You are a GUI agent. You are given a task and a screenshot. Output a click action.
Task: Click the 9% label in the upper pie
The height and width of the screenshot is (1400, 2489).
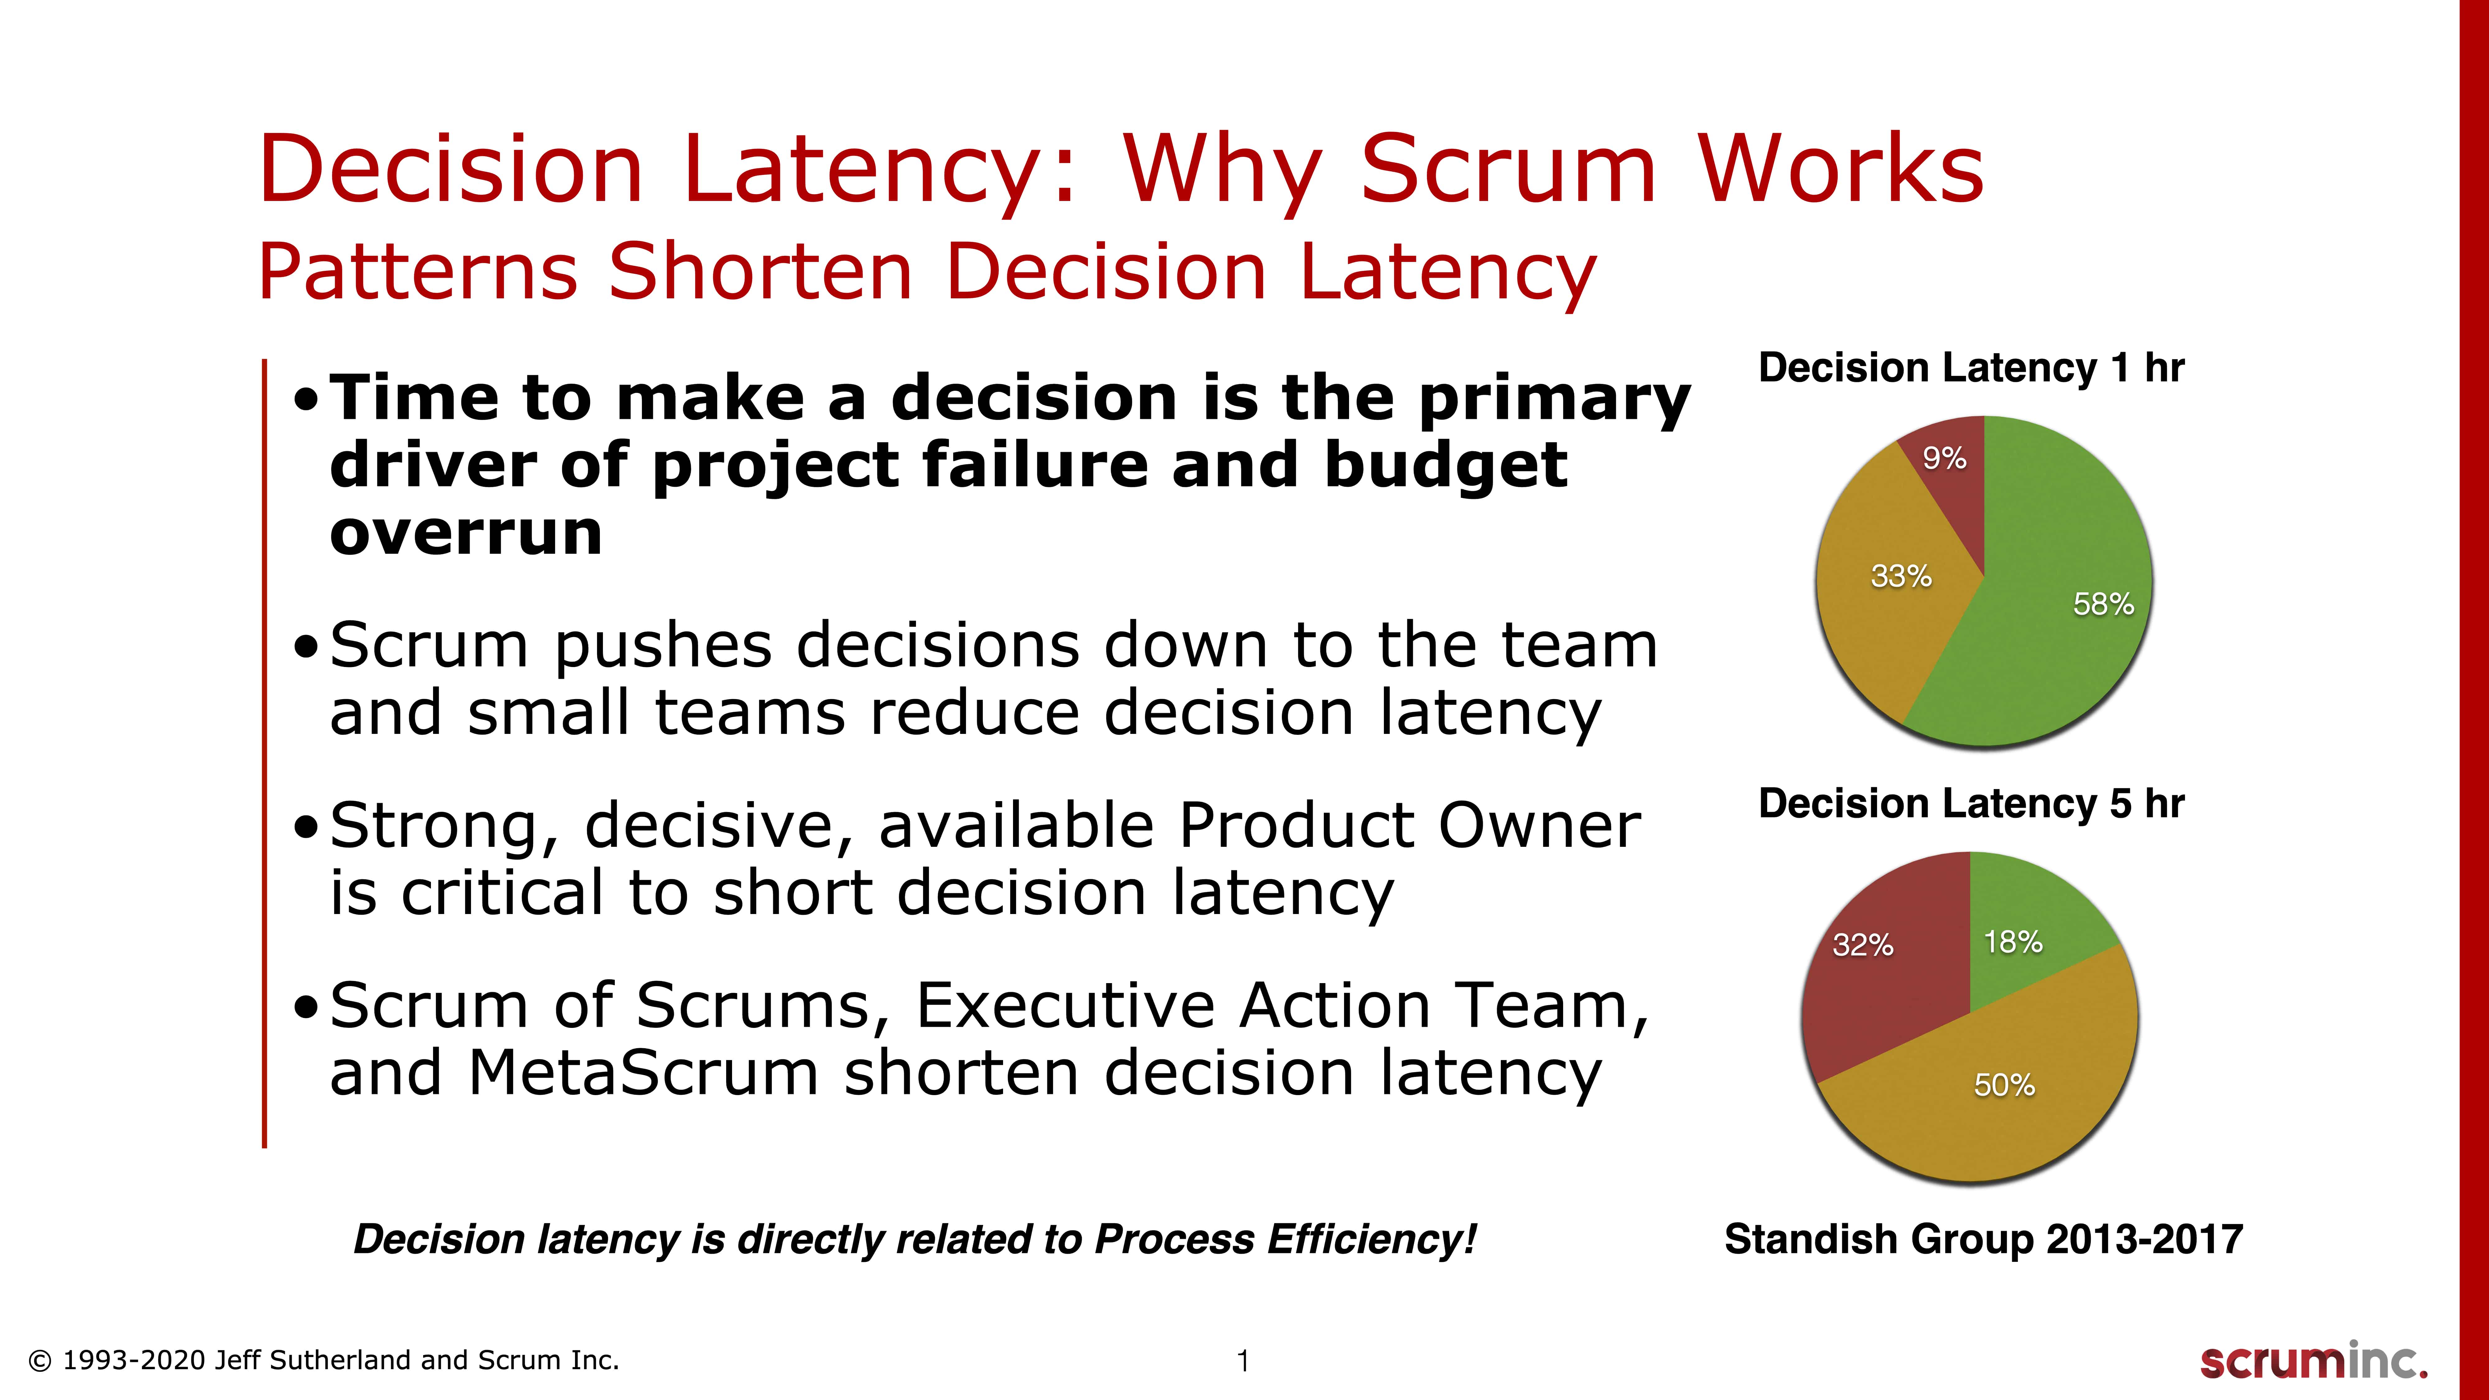(x=1944, y=458)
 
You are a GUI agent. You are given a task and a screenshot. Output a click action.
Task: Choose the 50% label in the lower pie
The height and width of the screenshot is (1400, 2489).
(x=2004, y=1085)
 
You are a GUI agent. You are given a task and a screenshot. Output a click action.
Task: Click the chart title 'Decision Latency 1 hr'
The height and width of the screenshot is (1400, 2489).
(x=1971, y=368)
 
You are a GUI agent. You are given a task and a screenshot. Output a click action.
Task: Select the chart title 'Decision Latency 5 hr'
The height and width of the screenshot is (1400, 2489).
(x=1971, y=804)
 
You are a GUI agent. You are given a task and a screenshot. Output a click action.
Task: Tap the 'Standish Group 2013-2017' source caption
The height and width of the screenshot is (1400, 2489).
(x=1984, y=1239)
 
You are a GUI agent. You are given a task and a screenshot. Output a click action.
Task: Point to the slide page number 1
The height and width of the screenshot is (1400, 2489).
(x=1244, y=1361)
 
